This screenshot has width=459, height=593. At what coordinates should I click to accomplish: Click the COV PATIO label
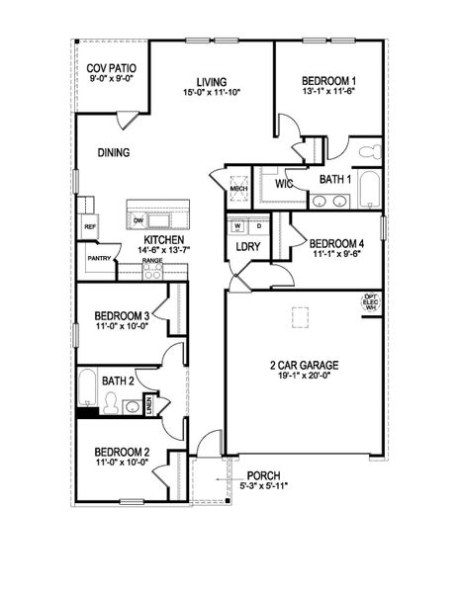tap(111, 67)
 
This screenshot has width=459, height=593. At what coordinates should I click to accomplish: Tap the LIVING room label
tap(212, 81)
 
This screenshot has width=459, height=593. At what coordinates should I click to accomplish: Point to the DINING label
tap(115, 152)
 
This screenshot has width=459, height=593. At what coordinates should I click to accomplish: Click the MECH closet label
tap(237, 186)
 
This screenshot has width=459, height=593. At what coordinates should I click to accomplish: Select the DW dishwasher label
tap(139, 219)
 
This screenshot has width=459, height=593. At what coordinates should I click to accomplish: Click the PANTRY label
tap(99, 258)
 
